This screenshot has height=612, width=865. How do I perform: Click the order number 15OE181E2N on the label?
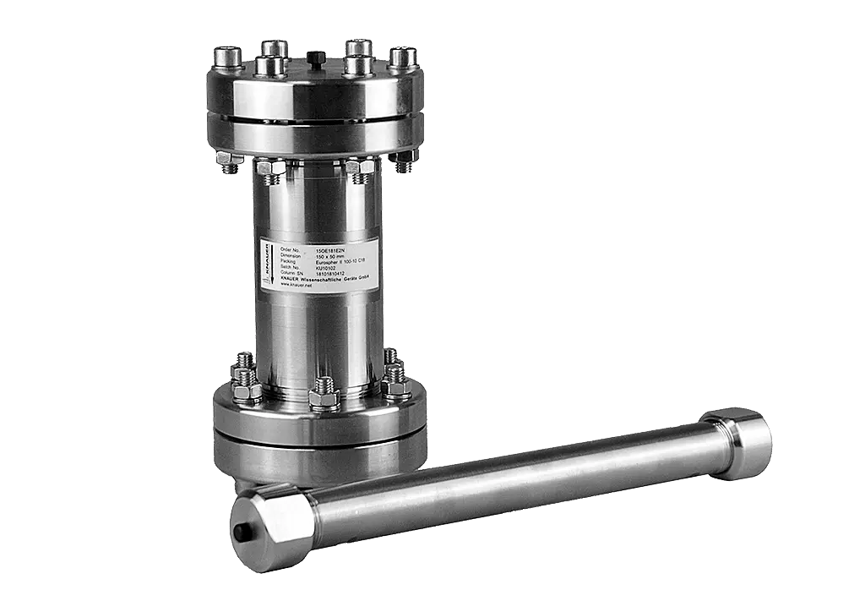click(x=334, y=251)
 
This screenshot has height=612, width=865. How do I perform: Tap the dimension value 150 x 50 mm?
click(x=333, y=257)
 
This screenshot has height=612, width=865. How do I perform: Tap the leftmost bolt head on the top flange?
click(x=226, y=57)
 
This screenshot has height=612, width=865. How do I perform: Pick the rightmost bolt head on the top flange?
click(x=402, y=57)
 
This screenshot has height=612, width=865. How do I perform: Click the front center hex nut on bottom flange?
click(x=324, y=397)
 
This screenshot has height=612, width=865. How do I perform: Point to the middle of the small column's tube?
click(x=507, y=482)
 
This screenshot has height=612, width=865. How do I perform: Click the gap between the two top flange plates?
click(x=313, y=116)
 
